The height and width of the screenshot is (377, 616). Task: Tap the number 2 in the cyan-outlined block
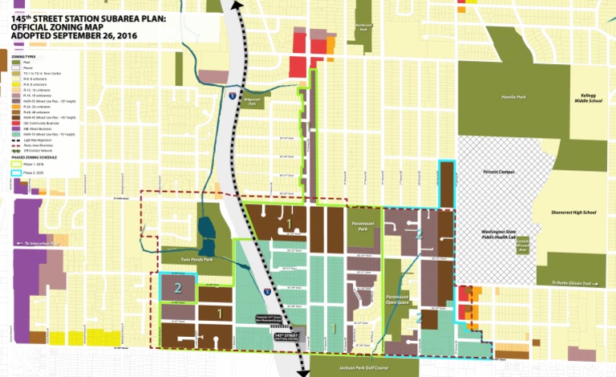click(178, 285)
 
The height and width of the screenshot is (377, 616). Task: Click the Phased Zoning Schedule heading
click(35, 157)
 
